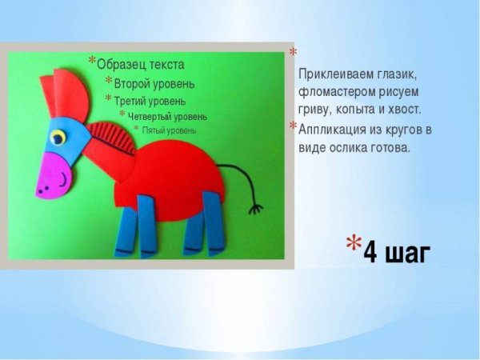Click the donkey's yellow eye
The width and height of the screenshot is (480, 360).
(58, 138)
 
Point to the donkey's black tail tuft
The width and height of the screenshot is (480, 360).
(255, 209)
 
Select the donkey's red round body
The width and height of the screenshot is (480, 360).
(171, 172)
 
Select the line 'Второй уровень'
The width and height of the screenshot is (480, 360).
(154, 83)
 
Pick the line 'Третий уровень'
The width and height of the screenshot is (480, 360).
(150, 101)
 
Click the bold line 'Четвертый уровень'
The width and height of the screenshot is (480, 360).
(167, 116)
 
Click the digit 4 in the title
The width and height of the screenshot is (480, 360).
(370, 252)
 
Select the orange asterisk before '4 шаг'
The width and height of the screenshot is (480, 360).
(353, 243)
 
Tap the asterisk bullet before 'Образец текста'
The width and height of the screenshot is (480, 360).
(91, 62)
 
